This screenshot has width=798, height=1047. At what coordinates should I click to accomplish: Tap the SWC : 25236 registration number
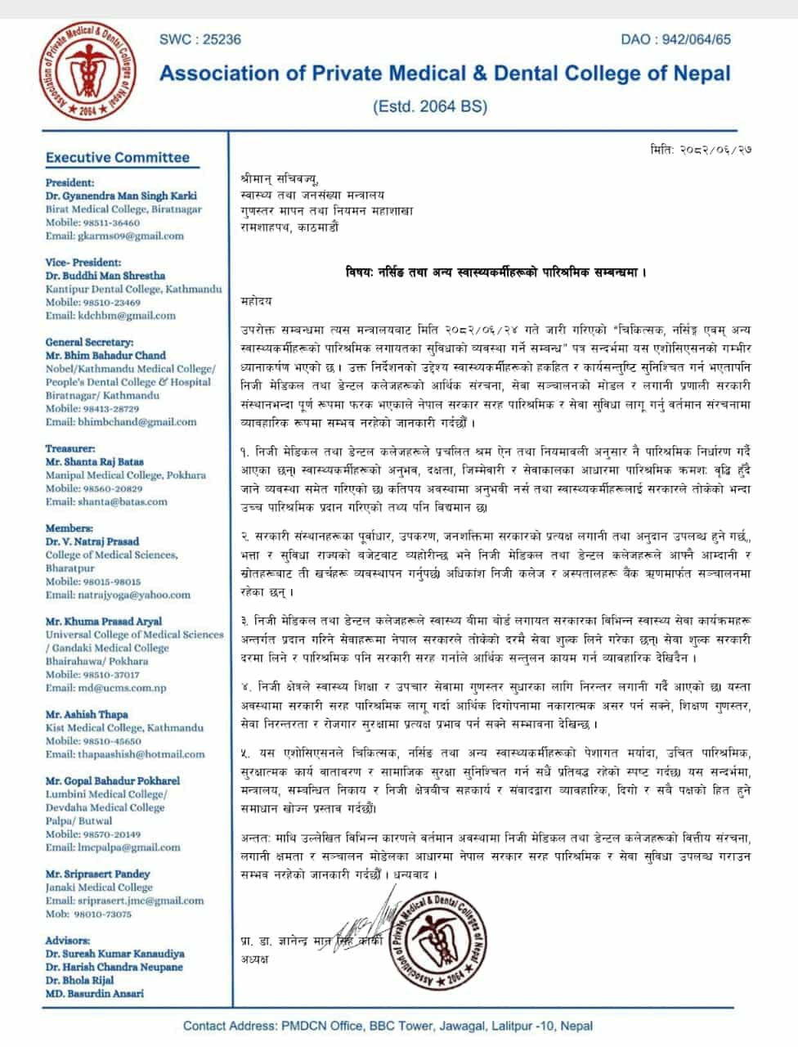(x=199, y=38)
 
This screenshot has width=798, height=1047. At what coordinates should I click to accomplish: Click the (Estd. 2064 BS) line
(x=429, y=106)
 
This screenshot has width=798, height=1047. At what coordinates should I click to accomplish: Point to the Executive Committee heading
(x=117, y=158)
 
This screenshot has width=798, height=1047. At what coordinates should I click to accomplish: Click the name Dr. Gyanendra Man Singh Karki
(x=121, y=196)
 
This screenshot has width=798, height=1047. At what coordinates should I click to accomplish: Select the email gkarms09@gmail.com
(x=114, y=236)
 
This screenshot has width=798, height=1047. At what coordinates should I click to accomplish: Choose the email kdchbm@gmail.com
(x=110, y=316)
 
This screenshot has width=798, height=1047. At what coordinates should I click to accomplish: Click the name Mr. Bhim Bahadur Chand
(x=105, y=356)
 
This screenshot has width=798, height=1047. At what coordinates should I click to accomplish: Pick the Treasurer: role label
(x=70, y=448)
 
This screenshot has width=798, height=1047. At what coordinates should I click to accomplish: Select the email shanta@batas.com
(x=106, y=501)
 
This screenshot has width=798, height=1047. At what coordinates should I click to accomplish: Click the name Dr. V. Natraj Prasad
(x=92, y=541)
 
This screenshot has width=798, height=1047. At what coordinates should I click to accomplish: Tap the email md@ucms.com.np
(x=105, y=688)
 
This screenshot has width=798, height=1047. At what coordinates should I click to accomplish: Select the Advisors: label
(x=68, y=941)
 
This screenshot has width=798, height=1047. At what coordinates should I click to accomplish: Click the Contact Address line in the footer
(x=388, y=1026)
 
